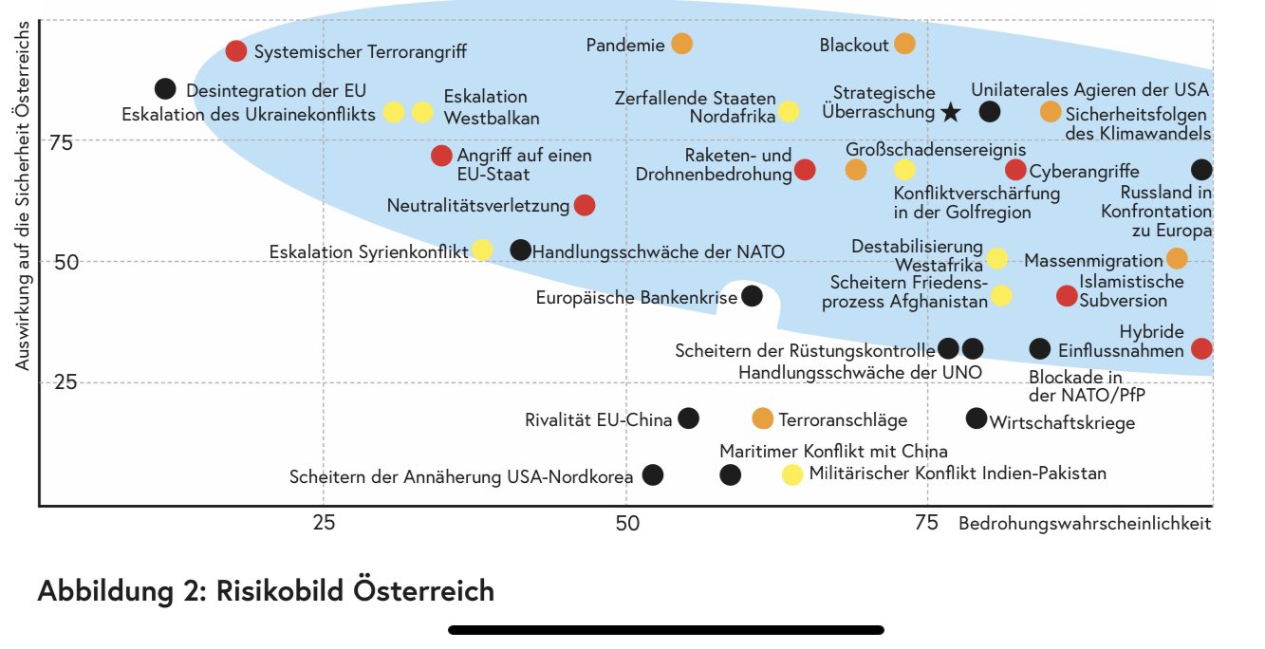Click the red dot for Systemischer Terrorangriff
(x=236, y=51)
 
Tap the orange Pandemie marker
(x=681, y=44)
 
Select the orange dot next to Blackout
(x=904, y=44)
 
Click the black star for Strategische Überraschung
(x=951, y=112)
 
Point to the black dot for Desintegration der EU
(x=165, y=88)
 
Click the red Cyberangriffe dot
(x=1015, y=170)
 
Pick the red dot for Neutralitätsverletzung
(x=585, y=205)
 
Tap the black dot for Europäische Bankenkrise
(x=752, y=296)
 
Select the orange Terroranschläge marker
(x=762, y=418)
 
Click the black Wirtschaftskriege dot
(x=976, y=418)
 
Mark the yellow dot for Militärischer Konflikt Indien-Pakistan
(x=791, y=474)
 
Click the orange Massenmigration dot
(x=1176, y=258)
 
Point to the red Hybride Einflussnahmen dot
(x=1201, y=348)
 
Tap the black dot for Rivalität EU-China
(x=689, y=418)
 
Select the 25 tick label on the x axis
(x=324, y=523)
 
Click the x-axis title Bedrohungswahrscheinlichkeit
(x=1085, y=523)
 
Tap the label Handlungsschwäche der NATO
(x=659, y=251)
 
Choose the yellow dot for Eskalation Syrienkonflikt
(x=482, y=251)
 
